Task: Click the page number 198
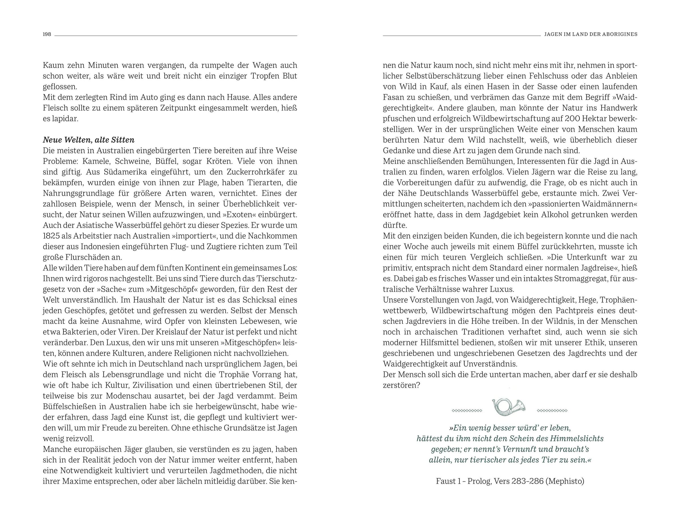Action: (x=47, y=34)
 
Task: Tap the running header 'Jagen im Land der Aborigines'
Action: (x=591, y=34)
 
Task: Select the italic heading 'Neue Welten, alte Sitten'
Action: (x=89, y=140)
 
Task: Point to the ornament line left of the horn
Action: (x=467, y=411)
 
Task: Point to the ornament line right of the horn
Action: (x=552, y=411)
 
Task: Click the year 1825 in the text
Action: (x=51, y=236)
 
